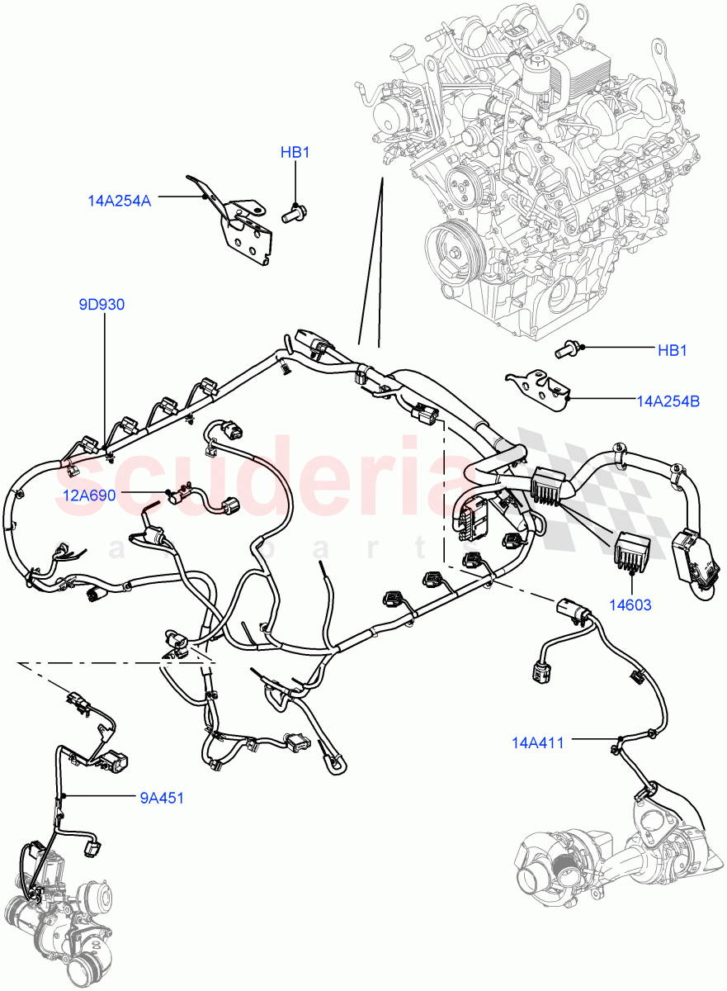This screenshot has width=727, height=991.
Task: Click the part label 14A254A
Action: coord(119,199)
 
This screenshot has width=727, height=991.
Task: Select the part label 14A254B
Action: coord(668,401)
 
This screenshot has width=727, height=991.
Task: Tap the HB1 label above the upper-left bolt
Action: coord(295,153)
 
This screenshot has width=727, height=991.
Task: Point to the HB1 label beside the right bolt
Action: coord(673,351)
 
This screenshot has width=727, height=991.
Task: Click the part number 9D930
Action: coord(101,305)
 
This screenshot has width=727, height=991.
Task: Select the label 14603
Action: coord(630,605)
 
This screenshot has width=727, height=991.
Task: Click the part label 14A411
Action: coord(538,742)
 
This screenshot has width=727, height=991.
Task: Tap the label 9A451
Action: coord(161,798)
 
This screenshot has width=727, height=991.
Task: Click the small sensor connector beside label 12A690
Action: coord(179,496)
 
